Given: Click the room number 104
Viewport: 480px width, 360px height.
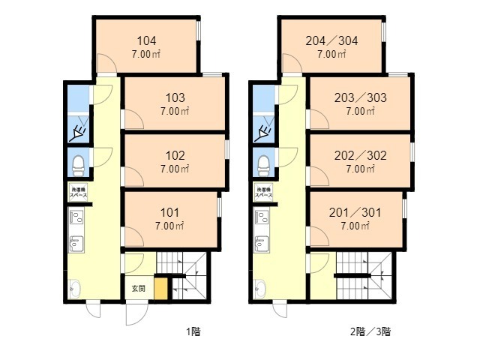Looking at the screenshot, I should (x=146, y=41).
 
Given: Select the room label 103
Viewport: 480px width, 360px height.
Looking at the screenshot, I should (x=175, y=97).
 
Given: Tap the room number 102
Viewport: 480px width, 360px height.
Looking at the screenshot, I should (x=175, y=156).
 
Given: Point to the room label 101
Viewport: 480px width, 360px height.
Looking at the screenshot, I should (x=169, y=212).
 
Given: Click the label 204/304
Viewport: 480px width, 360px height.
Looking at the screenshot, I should (x=331, y=41).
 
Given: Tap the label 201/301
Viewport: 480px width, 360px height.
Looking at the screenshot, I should (x=355, y=212).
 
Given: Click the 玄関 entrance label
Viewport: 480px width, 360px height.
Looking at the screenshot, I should (x=139, y=288).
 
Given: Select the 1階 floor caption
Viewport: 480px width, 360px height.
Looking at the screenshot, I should (x=193, y=331).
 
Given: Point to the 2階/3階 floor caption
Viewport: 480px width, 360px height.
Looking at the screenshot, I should (x=370, y=331).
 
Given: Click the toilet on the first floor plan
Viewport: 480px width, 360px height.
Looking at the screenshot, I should (x=77, y=162).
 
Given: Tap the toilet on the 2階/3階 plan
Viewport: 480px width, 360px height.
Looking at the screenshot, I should (x=262, y=162).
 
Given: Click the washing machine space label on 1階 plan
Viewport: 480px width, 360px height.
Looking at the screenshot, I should (x=78, y=192).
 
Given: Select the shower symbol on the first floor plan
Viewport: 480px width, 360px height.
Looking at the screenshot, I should (x=77, y=134).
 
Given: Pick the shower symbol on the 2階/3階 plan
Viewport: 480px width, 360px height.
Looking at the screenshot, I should (x=262, y=134).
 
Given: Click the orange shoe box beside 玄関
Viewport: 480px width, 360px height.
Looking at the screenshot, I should (x=160, y=289).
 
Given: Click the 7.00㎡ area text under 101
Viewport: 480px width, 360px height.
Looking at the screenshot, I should (x=169, y=225).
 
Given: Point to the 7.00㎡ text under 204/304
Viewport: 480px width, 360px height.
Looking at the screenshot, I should (x=331, y=54).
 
